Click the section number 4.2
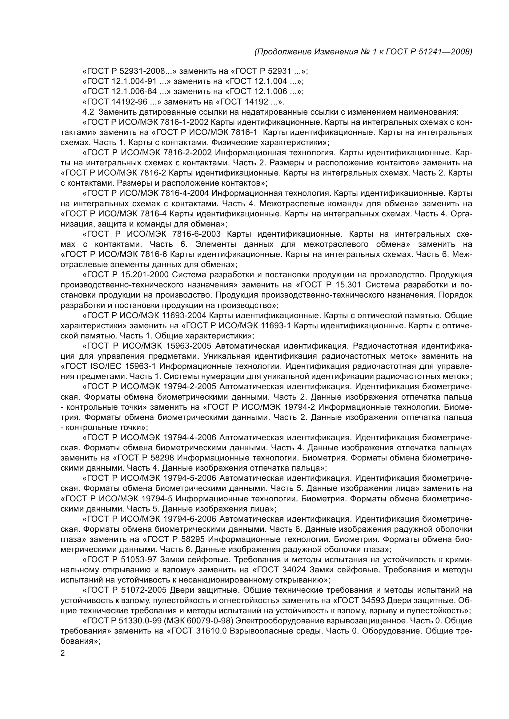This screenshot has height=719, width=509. pos(88,112)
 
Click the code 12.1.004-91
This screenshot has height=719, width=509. pos(134,81)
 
